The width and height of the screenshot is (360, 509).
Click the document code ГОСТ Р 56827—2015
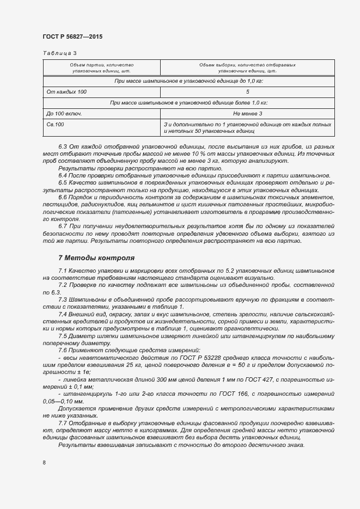[72, 36]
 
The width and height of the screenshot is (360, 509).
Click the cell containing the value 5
[247, 92]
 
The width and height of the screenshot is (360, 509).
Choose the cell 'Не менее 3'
[247, 113]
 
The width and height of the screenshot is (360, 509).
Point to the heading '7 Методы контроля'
[96, 257]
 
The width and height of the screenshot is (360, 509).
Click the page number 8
[44, 463]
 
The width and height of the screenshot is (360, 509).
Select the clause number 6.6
[63, 197]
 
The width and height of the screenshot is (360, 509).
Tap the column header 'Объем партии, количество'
[101, 65]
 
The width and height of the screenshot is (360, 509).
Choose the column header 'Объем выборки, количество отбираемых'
[247, 65]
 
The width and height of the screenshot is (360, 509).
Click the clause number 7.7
[63, 422]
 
